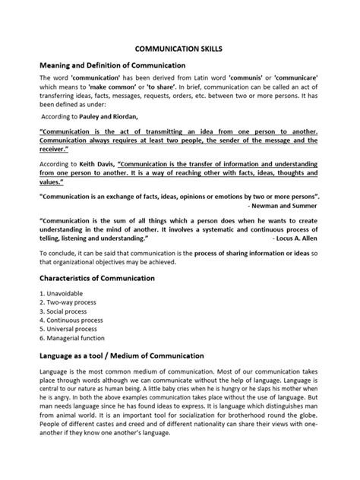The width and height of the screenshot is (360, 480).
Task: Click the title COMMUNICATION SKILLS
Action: tap(179, 46)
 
